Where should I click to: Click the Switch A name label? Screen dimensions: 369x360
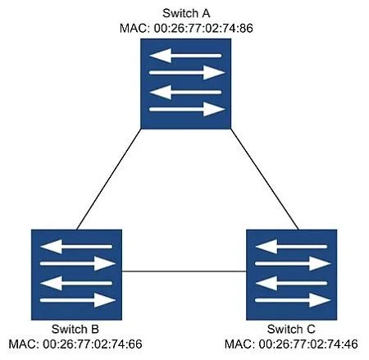coord(186,13)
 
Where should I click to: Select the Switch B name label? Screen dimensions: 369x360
coord(75,329)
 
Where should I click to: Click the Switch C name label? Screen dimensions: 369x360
coord(291,329)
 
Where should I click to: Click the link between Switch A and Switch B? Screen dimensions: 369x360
coord(109,179)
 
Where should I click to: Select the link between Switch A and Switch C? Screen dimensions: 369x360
coord(265,179)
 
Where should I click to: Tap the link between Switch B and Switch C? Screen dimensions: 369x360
coord(184,271)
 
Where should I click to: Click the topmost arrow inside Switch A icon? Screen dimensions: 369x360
coord(185,56)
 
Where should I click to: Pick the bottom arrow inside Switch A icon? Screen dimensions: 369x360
coord(187,109)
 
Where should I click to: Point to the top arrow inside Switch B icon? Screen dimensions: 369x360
coord(76,247)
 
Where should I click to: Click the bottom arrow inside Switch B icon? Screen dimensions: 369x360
coord(78,300)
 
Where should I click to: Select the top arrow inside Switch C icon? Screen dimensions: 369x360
coord(291,247)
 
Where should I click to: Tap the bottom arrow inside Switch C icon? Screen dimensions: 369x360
coord(293,300)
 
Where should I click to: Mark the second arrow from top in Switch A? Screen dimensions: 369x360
coord(187,73)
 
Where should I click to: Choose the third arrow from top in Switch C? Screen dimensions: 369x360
coord(291,283)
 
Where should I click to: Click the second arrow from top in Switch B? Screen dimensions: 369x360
coord(78,264)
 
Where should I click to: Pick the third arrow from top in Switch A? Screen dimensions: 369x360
coord(185,92)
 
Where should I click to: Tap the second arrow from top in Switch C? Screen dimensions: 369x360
coord(293,264)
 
